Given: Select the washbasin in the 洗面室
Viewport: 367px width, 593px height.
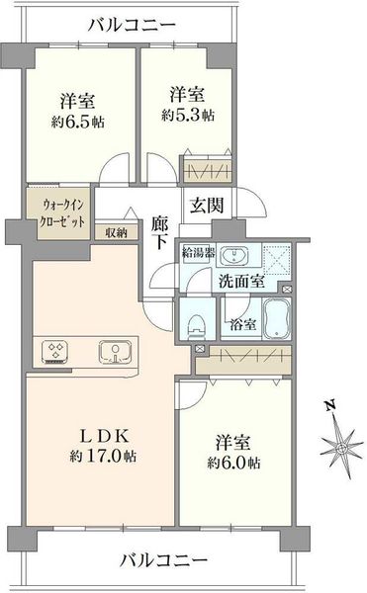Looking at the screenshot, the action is click(236, 255).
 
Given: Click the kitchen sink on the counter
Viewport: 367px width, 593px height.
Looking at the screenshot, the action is click(116, 351).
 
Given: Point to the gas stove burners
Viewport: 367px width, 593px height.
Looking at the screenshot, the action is click(55, 351).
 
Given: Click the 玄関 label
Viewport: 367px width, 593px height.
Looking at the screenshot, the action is click(207, 205).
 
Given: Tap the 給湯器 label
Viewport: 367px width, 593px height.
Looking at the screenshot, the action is click(198, 252).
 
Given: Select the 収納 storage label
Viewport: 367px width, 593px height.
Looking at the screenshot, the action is click(116, 232).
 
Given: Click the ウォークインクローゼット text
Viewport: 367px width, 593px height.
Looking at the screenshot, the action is click(62, 213).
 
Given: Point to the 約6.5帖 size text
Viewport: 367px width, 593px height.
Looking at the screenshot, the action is click(78, 122).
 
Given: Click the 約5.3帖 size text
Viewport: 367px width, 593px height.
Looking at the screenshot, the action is click(188, 115).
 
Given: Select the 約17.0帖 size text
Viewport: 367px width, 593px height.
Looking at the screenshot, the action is click(103, 457).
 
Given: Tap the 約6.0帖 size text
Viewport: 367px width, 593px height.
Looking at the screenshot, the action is click(233, 463).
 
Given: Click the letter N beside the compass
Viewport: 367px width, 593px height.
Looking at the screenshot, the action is click(330, 405).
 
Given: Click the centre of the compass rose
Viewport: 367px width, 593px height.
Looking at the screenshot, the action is click(341, 449).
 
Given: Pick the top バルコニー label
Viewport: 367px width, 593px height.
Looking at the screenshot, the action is click(132, 26).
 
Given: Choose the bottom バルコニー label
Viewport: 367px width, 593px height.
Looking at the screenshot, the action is click(163, 560).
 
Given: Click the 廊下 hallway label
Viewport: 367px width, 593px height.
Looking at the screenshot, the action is click(159, 233).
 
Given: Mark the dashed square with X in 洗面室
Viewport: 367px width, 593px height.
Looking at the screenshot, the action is click(277, 259).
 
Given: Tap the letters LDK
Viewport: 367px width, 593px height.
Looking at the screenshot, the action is click(106, 437).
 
